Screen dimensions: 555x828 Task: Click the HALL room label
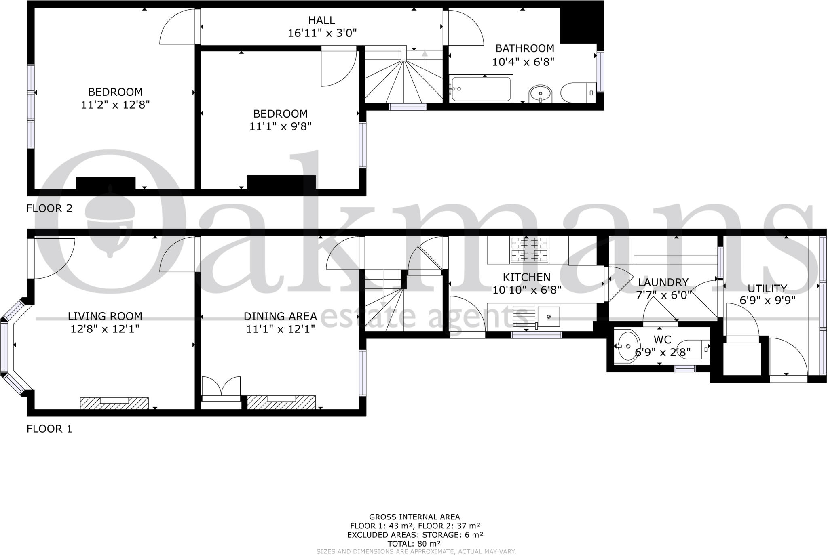point(321,20)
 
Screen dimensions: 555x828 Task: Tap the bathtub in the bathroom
point(481,89)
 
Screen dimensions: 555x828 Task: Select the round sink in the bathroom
point(540,94)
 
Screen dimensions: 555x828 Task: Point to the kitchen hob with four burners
point(529,250)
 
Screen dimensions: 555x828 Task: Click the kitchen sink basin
point(549,317)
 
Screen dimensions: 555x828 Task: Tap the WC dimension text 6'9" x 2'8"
point(662,353)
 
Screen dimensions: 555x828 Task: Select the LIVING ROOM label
point(105,316)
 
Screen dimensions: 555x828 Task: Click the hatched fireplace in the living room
point(114,403)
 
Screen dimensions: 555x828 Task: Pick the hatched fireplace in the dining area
point(281,402)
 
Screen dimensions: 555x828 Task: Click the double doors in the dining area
point(221,387)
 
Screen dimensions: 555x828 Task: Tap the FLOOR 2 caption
point(49,208)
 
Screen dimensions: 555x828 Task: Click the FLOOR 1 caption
point(49,429)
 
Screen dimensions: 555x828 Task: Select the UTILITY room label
point(767,288)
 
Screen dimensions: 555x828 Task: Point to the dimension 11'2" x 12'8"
point(115,105)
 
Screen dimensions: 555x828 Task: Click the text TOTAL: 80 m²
point(414,544)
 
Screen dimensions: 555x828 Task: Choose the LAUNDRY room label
point(663,282)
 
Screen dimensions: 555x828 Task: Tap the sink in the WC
point(627,346)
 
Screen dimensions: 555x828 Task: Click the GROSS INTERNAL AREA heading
point(414,517)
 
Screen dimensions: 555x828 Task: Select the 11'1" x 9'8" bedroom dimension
point(280,126)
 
